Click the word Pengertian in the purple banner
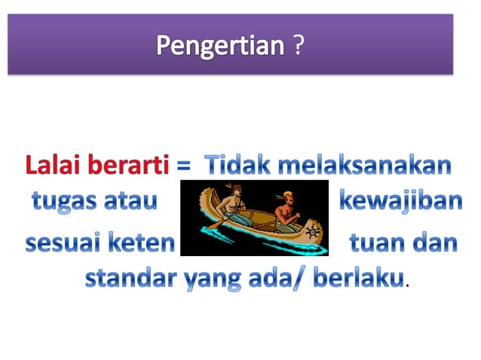[x=219, y=46]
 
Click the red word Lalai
[x=51, y=165]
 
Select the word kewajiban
[x=397, y=202]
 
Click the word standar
[x=130, y=279]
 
